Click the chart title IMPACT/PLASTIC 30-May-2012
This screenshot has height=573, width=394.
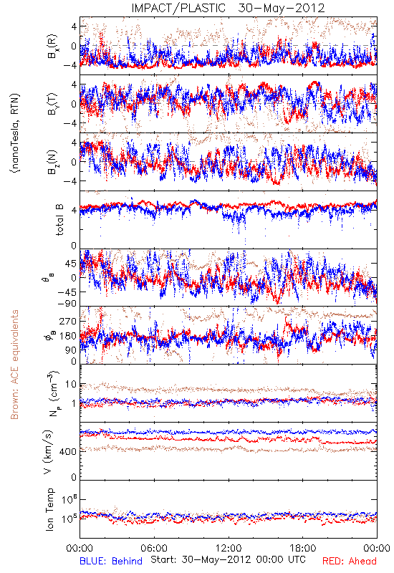[x=228, y=8]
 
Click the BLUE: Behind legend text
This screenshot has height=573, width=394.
[x=111, y=561]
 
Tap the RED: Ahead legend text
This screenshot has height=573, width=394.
[x=349, y=561]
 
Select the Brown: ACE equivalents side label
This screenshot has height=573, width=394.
[x=14, y=365]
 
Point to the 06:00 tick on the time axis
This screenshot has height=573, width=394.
[x=154, y=548]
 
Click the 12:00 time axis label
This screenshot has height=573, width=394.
[x=229, y=548]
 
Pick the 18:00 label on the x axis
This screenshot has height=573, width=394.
[x=303, y=548]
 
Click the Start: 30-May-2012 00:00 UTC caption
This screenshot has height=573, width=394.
[x=228, y=559]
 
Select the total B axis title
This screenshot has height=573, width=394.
[x=59, y=220]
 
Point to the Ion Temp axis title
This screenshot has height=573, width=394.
[x=49, y=509]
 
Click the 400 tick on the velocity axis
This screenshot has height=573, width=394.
[x=68, y=452]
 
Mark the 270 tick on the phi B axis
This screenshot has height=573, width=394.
[x=68, y=321]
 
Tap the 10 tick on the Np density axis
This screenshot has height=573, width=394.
[x=71, y=385]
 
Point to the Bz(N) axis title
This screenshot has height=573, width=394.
[x=52, y=162]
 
